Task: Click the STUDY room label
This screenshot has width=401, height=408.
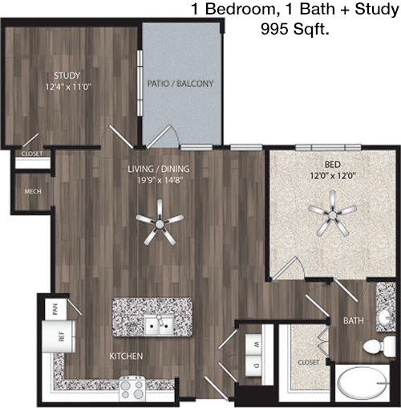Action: click(x=67, y=75)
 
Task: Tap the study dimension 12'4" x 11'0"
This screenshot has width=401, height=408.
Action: click(x=68, y=87)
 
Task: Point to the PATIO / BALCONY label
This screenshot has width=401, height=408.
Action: click(x=180, y=84)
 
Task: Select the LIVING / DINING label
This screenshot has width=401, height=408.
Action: click(x=159, y=169)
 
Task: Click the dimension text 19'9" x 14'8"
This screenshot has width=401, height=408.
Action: click(x=160, y=180)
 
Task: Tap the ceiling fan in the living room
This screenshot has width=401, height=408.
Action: click(x=160, y=222)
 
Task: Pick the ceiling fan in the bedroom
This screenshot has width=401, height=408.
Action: click(x=333, y=214)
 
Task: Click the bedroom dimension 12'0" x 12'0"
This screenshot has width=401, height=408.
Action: click(x=333, y=176)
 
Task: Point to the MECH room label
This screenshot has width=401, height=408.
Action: click(x=33, y=191)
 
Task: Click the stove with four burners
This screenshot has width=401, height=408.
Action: click(x=132, y=388)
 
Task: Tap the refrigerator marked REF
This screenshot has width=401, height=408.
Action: click(x=59, y=337)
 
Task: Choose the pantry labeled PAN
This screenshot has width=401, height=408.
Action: click(x=55, y=309)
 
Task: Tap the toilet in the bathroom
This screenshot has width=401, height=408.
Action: click(x=379, y=347)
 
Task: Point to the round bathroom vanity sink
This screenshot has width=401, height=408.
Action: click(x=385, y=318)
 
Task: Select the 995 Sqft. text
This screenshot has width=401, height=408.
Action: click(x=294, y=29)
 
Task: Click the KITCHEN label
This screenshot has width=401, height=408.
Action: click(x=126, y=356)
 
